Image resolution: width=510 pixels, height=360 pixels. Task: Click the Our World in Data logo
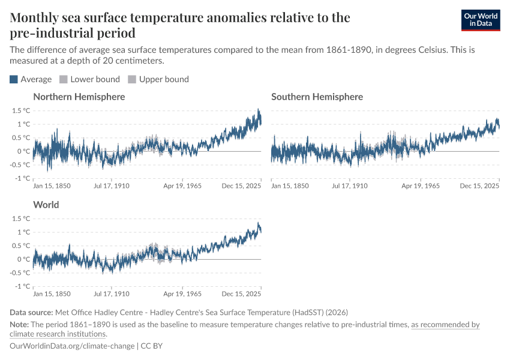pos(480,20)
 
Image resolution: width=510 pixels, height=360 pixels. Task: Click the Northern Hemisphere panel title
pos(79,97)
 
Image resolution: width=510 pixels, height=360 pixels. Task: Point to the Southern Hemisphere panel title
pos(317,97)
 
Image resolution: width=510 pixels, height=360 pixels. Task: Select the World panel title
pos(46,205)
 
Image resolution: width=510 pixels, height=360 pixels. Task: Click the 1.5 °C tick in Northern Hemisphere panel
pos(20,110)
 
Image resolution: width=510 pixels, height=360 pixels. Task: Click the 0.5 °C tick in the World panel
pos(20,246)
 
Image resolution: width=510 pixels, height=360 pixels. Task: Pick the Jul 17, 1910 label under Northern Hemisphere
pos(112,186)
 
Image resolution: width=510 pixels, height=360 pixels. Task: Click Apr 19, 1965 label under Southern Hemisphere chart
pos(421,186)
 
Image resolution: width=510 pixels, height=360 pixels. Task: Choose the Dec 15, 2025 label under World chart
pos(241,294)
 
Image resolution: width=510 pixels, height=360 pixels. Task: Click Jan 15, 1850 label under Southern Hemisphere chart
pos(290,186)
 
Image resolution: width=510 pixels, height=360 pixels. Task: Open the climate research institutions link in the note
pos(58,334)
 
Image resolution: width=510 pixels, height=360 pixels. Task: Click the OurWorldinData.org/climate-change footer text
pos(72,346)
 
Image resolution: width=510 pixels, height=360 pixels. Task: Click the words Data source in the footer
pos(31,313)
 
